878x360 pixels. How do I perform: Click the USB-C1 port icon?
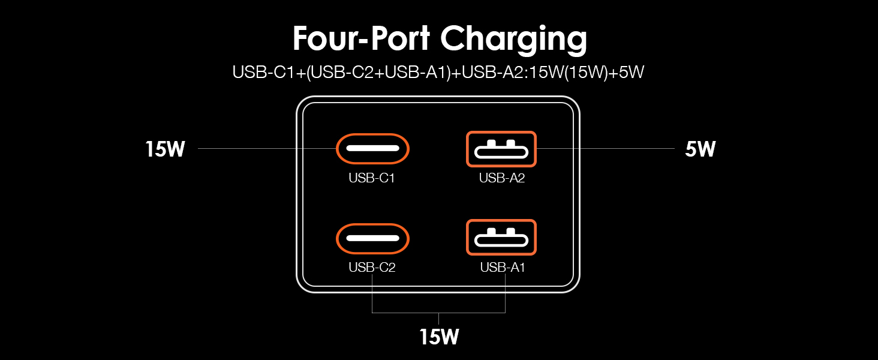click(x=372, y=148)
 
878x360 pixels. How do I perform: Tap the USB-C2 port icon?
click(x=372, y=238)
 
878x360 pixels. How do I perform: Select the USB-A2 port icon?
click(x=501, y=149)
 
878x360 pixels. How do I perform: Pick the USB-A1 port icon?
click(x=501, y=238)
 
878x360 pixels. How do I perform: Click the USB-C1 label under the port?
click(x=372, y=178)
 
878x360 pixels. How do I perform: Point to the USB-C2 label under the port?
click(x=372, y=268)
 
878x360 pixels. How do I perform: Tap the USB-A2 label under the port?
click(x=502, y=178)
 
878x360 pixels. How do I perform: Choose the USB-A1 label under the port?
click(x=502, y=268)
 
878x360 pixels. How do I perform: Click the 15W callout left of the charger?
click(x=164, y=149)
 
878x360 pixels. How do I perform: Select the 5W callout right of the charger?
click(x=700, y=149)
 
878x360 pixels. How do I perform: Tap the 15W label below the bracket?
click(x=439, y=337)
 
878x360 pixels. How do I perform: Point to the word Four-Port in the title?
click(x=362, y=38)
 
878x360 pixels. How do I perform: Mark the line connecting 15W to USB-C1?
click(x=264, y=149)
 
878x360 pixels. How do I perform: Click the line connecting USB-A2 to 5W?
click(x=606, y=149)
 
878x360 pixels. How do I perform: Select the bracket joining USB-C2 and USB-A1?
click(x=439, y=313)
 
